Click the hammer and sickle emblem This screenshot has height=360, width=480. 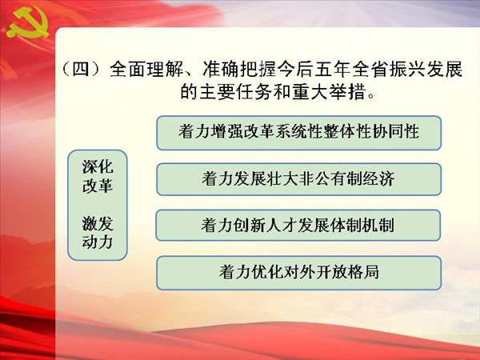tap(27, 23)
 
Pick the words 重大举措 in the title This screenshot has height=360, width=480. tap(329, 91)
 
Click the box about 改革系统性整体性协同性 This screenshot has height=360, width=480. tap(298, 133)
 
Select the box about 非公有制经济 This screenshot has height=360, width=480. tap(298, 179)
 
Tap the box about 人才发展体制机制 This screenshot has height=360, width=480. tap(298, 226)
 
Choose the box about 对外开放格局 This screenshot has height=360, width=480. tap(298, 273)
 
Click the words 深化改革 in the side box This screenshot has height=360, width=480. tap(98, 176)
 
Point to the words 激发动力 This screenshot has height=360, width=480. tap(98, 232)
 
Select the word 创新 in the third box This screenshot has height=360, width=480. tap(250, 226)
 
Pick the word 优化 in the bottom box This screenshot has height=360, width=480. tap(266, 272)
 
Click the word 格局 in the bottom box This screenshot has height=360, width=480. tap(363, 272)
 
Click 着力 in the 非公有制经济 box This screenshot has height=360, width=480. tap(218, 178)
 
